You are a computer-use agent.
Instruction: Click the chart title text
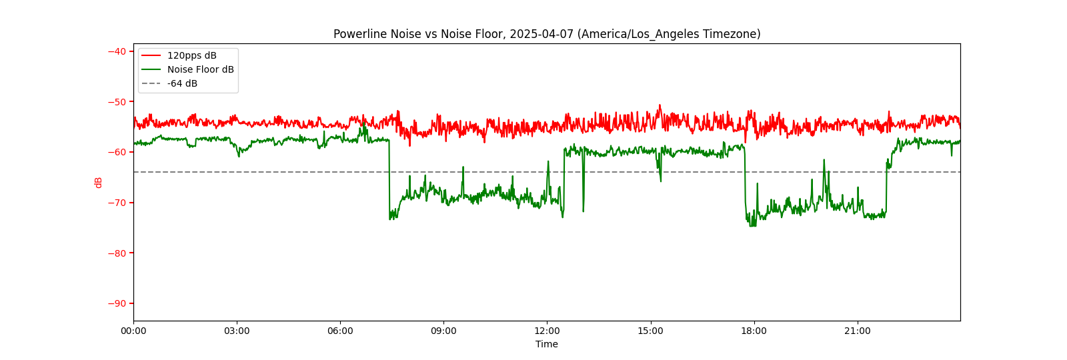tap(547, 34)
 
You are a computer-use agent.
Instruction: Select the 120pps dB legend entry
tap(191, 55)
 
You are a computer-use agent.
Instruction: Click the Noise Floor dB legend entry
tap(200, 69)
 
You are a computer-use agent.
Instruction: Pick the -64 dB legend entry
tap(182, 83)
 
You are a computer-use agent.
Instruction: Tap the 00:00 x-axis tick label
tap(133, 331)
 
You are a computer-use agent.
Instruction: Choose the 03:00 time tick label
tap(237, 331)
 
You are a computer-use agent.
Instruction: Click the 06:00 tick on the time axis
tap(340, 331)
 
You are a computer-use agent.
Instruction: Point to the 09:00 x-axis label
tap(443, 331)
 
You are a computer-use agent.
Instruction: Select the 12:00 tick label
tap(547, 331)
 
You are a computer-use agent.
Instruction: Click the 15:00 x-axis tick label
tap(650, 331)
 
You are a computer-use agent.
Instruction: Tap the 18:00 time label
tap(754, 331)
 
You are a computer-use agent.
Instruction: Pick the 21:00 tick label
tap(857, 331)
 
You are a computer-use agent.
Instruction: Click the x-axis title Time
tap(547, 344)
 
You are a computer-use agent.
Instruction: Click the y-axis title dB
tap(99, 182)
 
